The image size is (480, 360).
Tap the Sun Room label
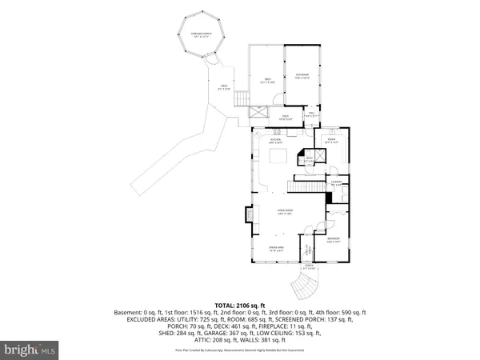point(301,78)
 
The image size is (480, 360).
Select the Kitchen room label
point(276,141)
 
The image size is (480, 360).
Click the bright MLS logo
point(30,349)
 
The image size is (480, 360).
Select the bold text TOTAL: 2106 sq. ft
point(239,305)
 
